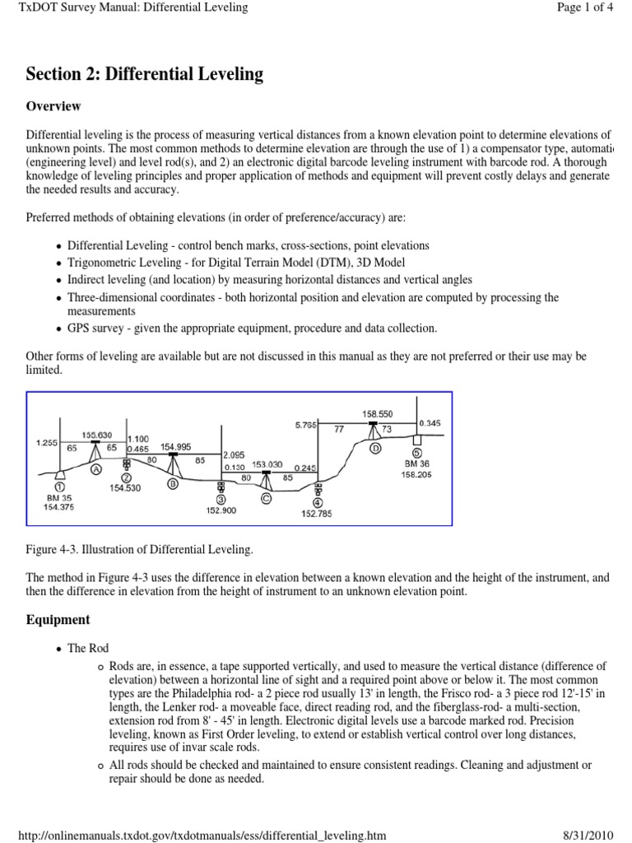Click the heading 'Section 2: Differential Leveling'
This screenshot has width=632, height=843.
[145, 74]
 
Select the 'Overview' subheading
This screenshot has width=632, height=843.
[53, 106]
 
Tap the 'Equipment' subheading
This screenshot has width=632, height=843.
[58, 619]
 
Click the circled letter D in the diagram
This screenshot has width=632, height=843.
[375, 449]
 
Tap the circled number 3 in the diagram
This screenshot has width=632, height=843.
[221, 499]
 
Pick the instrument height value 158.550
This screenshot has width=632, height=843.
[377, 413]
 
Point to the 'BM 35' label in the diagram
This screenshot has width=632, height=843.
[60, 498]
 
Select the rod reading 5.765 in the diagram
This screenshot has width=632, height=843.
[306, 425]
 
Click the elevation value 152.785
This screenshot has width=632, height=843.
[318, 515]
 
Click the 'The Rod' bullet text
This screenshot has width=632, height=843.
[88, 649]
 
